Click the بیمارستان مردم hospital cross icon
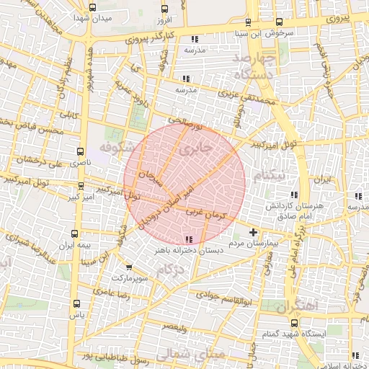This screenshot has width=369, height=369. tap(253, 232)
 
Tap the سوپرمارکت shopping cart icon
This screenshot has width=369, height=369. tap(128, 267)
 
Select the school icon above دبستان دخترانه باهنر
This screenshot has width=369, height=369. tap(189, 239)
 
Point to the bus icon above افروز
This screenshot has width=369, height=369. tap(165, 9)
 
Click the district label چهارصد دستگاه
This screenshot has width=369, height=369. tap(256, 65)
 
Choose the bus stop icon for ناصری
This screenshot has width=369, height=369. tap(80, 152)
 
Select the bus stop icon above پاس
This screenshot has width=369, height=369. tap(77, 303)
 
